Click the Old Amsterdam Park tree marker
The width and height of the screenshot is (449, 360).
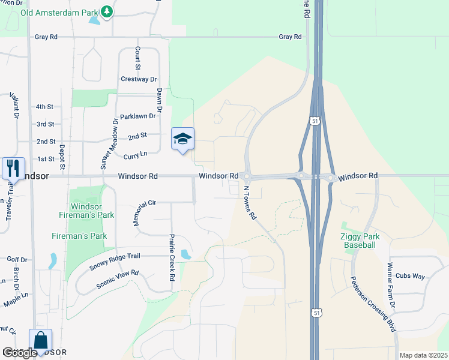pos(106,11)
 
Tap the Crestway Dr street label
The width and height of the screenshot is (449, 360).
pos(139,79)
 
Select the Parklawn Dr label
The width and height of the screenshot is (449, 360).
pos(137,116)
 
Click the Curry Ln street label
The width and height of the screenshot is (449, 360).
pos(135,155)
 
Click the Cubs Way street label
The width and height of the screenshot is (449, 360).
pos(410,276)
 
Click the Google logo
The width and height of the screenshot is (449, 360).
pos(20,353)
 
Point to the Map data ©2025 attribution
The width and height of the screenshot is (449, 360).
pos(423,355)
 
